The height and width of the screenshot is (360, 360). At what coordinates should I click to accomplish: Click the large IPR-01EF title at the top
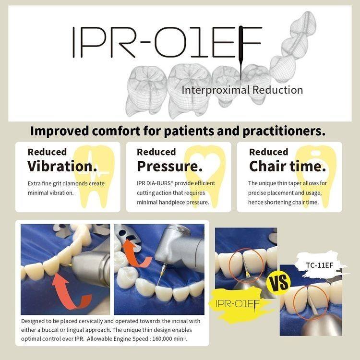[x=167, y=42]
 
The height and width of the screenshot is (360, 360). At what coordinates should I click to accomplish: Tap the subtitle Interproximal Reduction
[x=242, y=90]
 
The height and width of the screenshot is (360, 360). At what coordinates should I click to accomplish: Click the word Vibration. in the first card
[x=62, y=166]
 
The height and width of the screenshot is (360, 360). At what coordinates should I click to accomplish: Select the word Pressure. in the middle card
[x=169, y=166]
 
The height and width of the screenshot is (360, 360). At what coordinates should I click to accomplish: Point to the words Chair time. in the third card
[x=288, y=166]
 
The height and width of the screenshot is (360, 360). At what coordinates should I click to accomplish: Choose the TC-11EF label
[x=319, y=265]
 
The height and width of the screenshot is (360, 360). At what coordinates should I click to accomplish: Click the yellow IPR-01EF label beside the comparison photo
[x=238, y=304]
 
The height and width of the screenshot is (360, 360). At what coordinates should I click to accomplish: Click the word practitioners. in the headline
[x=284, y=131]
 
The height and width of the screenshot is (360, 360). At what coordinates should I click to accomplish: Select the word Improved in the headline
[x=60, y=131]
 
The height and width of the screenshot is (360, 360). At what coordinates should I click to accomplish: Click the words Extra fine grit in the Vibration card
[x=45, y=184]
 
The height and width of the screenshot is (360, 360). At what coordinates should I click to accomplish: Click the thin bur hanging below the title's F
[x=240, y=68]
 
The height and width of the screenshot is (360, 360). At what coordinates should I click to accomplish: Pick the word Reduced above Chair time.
[x=268, y=152]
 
